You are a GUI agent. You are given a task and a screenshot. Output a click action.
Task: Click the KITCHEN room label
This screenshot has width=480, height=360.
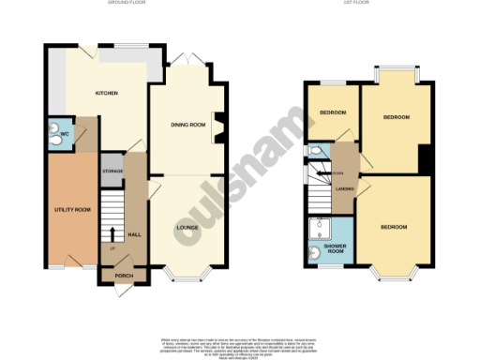point(106,93)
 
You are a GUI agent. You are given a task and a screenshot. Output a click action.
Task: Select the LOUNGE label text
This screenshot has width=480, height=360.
point(187,227)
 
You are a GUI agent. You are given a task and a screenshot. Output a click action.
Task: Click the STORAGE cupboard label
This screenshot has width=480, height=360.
point(112,171)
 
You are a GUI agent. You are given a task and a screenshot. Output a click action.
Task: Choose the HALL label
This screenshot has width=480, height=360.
point(134,234)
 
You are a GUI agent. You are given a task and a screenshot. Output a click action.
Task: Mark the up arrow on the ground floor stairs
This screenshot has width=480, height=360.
point(112,235)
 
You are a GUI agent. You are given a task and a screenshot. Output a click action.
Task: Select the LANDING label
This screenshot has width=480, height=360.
point(343,189)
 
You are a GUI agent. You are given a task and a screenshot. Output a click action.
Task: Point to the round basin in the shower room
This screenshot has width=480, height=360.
point(313,251)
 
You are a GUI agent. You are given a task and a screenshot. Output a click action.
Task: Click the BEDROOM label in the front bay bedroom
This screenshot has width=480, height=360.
point(394,227)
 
